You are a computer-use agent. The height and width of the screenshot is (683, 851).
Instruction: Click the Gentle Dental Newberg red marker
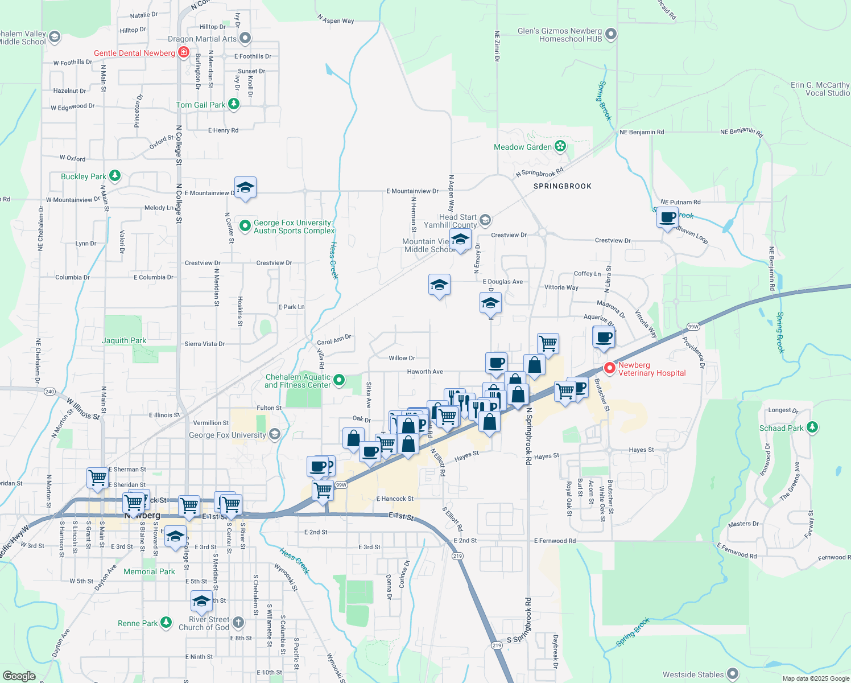(183, 53)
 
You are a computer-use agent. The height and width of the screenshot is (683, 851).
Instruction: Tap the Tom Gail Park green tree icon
(233, 104)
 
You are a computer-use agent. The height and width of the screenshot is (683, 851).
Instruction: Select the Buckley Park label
(84, 176)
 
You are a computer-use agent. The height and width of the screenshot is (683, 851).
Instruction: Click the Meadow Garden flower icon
(560, 146)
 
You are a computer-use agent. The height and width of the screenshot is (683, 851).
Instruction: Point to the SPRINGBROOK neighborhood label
(562, 186)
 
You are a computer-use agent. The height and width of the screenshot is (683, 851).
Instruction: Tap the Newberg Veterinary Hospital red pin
(609, 368)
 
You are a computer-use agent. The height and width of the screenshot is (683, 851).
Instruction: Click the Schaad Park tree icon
(812, 427)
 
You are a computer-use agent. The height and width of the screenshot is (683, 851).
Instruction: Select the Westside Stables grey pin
(733, 674)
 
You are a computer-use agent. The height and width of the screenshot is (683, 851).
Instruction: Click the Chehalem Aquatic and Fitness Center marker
(339, 380)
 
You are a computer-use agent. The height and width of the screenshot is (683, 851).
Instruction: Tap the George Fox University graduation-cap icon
(274, 435)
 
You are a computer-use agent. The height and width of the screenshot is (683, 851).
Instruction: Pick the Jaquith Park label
(124, 340)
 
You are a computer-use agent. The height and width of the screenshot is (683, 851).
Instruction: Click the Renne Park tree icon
(166, 623)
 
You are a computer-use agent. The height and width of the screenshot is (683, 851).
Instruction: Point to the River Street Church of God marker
(238, 623)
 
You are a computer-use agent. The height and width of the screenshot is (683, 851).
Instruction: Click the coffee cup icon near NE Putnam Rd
(667, 217)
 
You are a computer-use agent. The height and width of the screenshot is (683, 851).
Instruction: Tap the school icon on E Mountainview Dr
(245, 188)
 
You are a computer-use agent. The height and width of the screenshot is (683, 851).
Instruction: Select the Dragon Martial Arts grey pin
(245, 39)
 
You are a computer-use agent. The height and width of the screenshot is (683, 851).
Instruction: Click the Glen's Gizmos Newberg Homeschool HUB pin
(610, 35)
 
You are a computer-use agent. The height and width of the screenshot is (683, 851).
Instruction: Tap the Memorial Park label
(149, 571)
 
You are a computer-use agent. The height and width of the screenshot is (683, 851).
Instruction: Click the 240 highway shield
(49, 392)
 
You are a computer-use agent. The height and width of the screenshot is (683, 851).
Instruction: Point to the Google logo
(19, 676)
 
